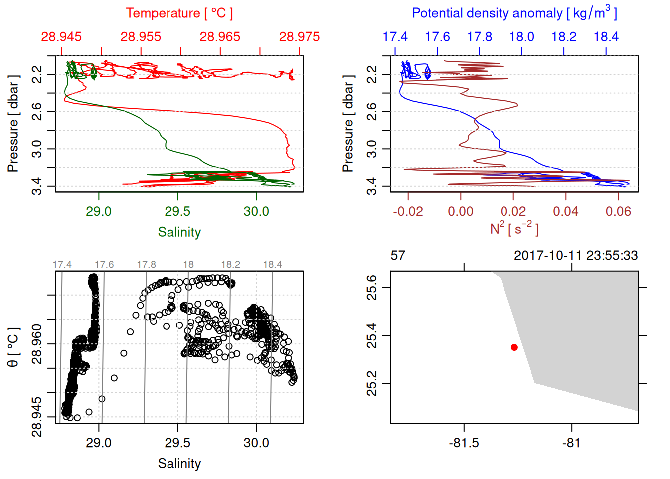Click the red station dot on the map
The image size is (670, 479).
click(514, 347)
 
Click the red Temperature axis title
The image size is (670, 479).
click(179, 13)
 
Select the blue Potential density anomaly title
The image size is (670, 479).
click(514, 13)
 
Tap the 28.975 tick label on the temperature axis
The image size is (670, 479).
click(299, 37)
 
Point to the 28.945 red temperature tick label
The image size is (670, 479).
click(61, 37)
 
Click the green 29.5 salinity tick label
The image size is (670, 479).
click(177, 211)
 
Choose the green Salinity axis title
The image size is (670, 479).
click(179, 232)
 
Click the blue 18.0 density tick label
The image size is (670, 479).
click(521, 37)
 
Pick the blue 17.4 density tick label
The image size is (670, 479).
click(395, 37)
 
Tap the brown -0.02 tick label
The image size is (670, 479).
click(408, 211)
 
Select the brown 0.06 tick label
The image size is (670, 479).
click(618, 211)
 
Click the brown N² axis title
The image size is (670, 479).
click(514, 228)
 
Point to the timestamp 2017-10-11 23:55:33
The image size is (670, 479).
click(576, 256)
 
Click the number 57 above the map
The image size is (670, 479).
click(398, 256)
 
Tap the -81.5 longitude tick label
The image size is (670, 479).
click(464, 443)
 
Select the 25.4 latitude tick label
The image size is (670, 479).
click(372, 335)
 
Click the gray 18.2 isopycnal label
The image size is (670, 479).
click(230, 265)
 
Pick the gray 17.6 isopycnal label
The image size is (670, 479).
click(104, 265)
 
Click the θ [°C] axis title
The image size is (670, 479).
click(13, 347)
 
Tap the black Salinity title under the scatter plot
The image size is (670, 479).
click(179, 464)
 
